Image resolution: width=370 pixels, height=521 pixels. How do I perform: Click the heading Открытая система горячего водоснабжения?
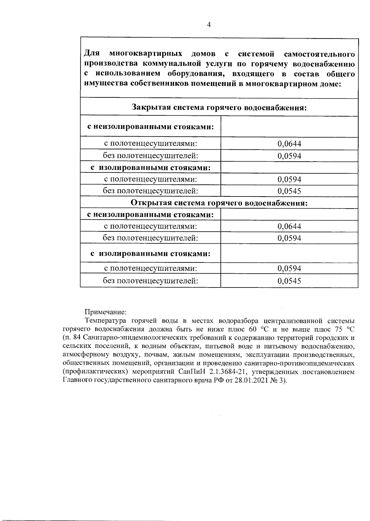pyautogui.click(x=219, y=203)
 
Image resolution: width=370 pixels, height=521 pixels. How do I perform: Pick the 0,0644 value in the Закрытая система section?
pyautogui.click(x=289, y=144)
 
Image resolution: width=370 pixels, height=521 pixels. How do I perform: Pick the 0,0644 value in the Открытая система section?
pyautogui.click(x=289, y=226)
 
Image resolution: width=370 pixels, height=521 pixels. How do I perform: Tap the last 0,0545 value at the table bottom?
pyautogui.click(x=289, y=281)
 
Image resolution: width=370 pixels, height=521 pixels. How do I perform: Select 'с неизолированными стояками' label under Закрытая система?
pyautogui.click(x=150, y=127)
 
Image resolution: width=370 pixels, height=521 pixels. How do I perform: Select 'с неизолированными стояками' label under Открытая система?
pyautogui.click(x=150, y=214)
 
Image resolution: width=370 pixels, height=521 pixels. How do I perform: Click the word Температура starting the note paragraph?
pyautogui.click(x=105, y=320)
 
